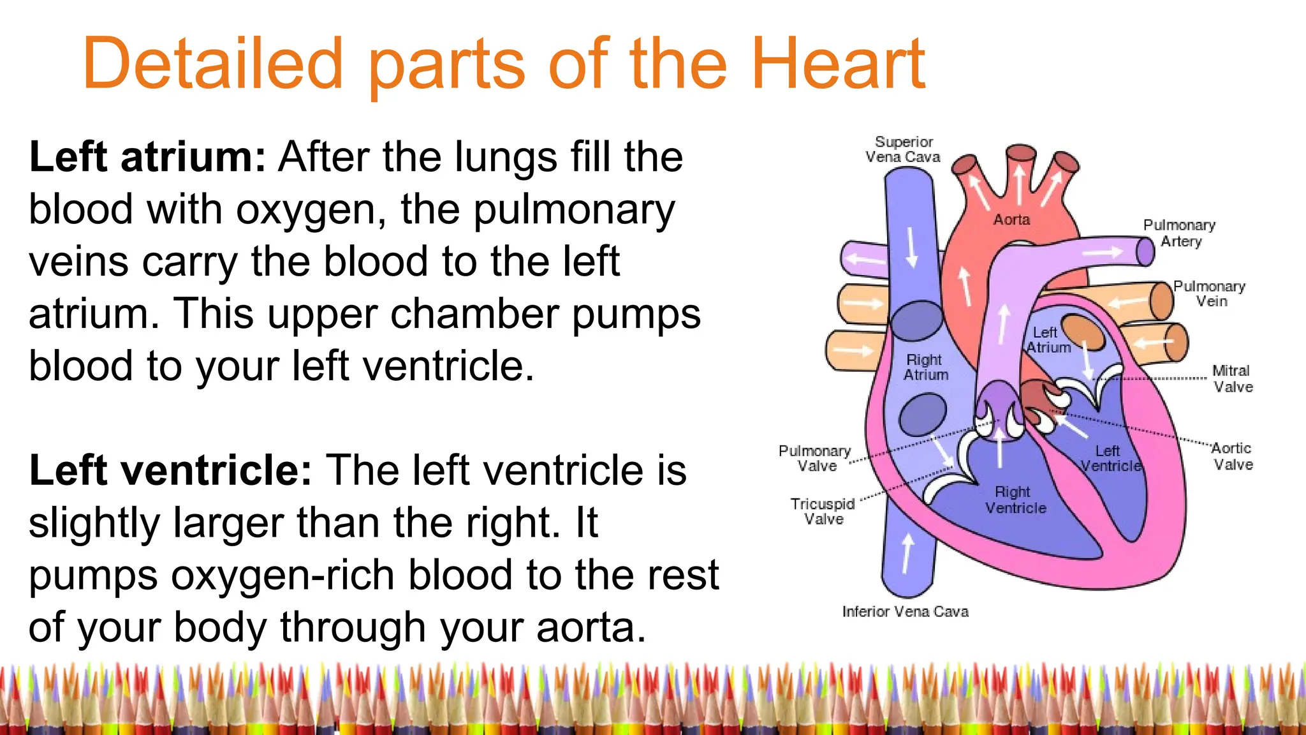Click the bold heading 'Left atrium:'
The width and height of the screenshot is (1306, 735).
pyautogui.click(x=147, y=157)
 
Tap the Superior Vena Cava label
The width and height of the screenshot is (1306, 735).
pyautogui.click(x=903, y=149)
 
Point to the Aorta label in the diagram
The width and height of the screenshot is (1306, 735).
pyautogui.click(x=1011, y=219)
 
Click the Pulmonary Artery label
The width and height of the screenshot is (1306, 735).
pyautogui.click(x=1180, y=233)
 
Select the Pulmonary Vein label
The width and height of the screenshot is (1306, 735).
pyautogui.click(x=1210, y=293)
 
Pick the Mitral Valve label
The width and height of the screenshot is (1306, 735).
pyautogui.click(x=1232, y=378)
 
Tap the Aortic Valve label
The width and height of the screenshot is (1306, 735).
pyautogui.click(x=1232, y=456)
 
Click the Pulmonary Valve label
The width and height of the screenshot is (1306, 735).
pyautogui.click(x=815, y=458)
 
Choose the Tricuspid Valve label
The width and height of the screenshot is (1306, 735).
pyautogui.click(x=823, y=511)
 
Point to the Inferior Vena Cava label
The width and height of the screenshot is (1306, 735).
pyautogui.click(x=905, y=611)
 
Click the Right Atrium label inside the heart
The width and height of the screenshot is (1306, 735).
pyautogui.click(x=925, y=367)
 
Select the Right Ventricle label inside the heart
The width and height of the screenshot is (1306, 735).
pyautogui.click(x=1015, y=500)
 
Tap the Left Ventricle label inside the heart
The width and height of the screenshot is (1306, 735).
pyautogui.click(x=1110, y=459)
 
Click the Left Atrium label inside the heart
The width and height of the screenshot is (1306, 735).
pyautogui.click(x=1048, y=340)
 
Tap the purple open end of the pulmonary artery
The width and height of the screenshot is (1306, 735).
pyautogui.click(x=1146, y=251)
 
